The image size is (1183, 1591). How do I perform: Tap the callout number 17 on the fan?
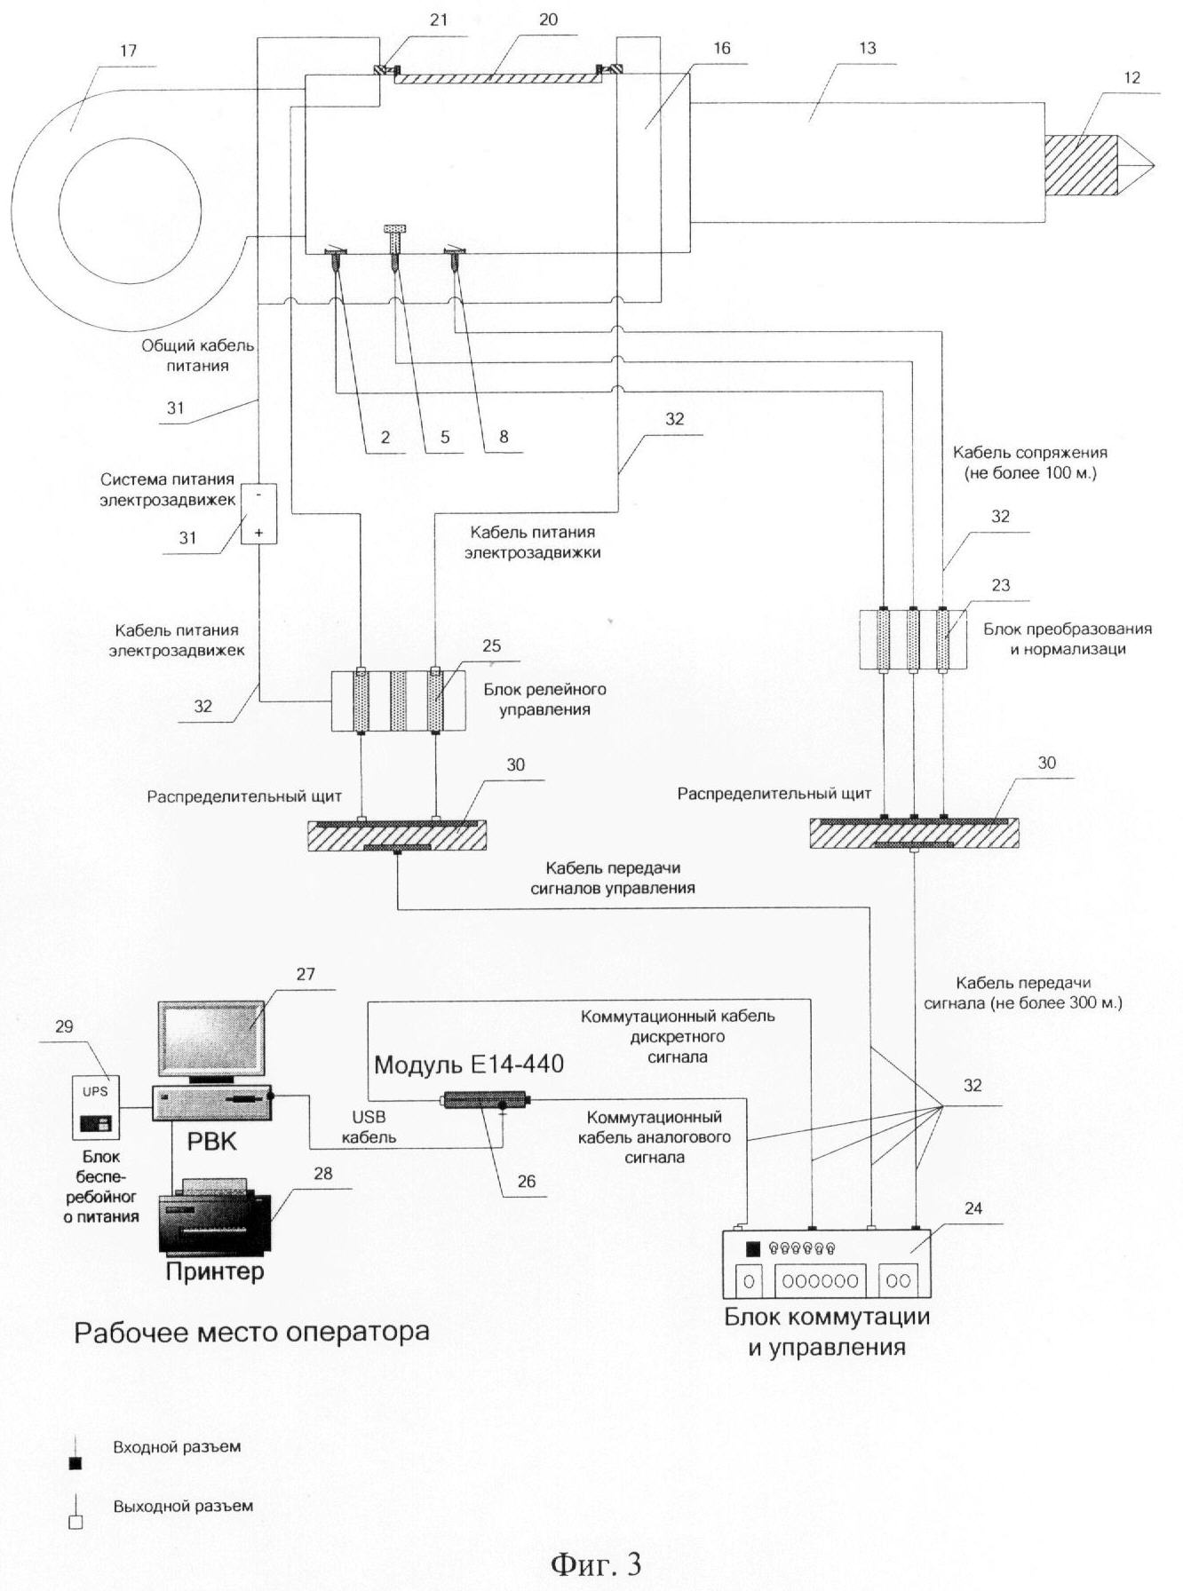click(x=129, y=51)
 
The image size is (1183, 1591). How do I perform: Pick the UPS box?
click(x=95, y=1106)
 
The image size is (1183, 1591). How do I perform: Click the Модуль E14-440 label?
click(x=468, y=1065)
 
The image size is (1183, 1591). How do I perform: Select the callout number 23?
click(x=1000, y=585)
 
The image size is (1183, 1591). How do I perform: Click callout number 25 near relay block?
click(x=491, y=645)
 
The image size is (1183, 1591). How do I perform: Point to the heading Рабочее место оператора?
click(x=251, y=1332)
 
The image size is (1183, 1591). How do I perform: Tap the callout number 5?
click(x=445, y=437)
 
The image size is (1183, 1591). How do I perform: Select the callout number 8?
click(x=504, y=437)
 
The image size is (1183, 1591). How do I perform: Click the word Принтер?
click(x=214, y=1271)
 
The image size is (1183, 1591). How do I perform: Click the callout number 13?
click(x=867, y=48)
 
